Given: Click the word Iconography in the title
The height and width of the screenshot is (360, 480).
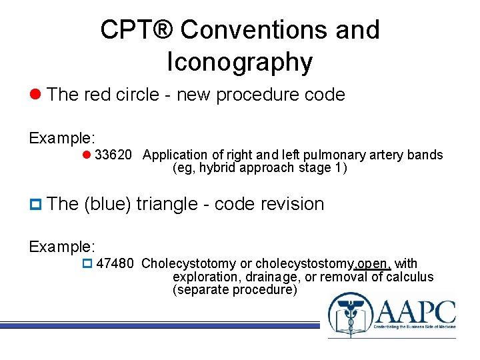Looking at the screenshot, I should point(239,62).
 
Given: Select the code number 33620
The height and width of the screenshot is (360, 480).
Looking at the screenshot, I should point(114,155).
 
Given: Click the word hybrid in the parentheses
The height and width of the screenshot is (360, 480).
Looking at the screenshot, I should point(211,168).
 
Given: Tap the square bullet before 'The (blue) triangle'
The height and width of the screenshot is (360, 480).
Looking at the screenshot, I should point(35,204).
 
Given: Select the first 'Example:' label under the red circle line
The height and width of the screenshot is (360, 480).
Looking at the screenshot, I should point(62,138).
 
